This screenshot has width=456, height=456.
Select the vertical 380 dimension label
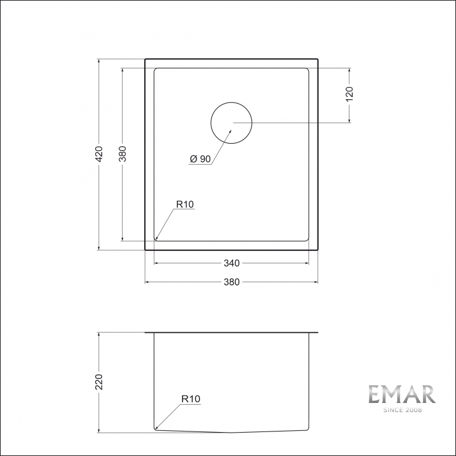point(121,153)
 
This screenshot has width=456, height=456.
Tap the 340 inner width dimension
point(231,263)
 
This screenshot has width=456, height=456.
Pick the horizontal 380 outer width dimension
point(231,282)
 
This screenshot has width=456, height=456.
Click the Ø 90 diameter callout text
point(199,160)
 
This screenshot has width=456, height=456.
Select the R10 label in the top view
point(185,204)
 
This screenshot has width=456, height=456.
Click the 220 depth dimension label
point(99,382)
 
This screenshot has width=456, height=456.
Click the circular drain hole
point(231,123)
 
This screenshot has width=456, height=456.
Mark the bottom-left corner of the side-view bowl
point(155,429)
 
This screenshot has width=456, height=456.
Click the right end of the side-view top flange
point(317,332)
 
